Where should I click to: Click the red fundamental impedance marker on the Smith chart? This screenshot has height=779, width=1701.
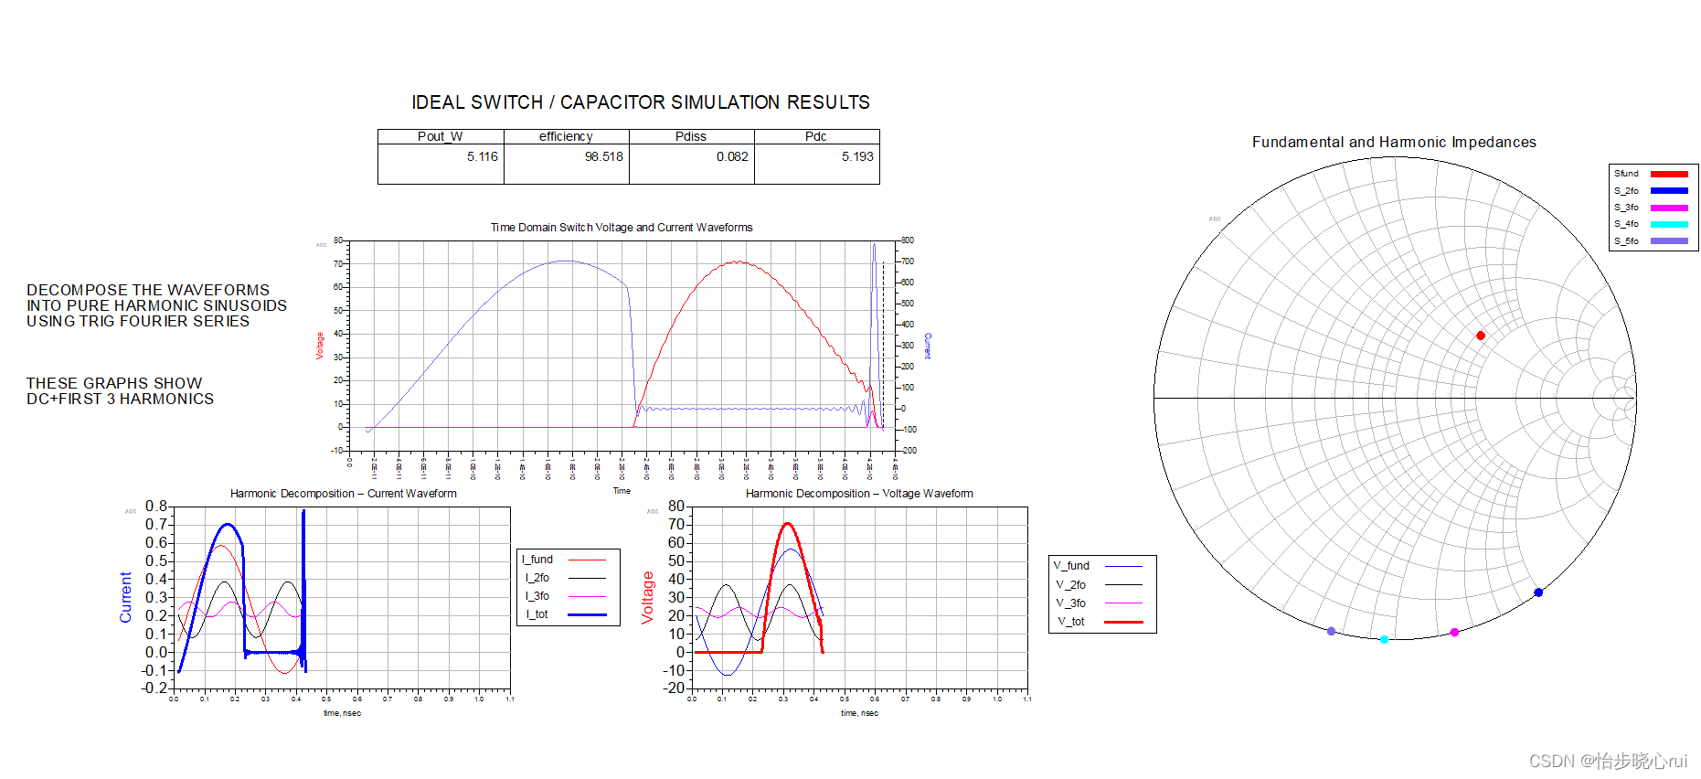click(x=1481, y=336)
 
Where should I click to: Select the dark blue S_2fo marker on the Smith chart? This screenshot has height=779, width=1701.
click(x=1538, y=592)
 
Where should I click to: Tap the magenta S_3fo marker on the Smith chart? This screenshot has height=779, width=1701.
click(x=1454, y=632)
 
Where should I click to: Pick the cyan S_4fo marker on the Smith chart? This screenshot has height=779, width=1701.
click(x=1384, y=639)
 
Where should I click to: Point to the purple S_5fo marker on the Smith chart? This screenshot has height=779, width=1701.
click(x=1331, y=631)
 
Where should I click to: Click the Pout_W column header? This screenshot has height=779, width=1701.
click(x=440, y=136)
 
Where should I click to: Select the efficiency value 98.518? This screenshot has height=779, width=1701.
click(x=603, y=156)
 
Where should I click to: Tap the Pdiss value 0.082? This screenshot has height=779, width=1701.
click(x=732, y=156)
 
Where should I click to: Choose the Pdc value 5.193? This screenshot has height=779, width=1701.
click(x=857, y=156)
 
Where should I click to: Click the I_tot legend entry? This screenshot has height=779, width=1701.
click(x=537, y=614)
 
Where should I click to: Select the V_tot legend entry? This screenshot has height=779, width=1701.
click(x=1071, y=622)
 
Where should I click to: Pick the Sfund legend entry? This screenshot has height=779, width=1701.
click(x=1626, y=174)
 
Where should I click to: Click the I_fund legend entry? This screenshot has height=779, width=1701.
click(x=537, y=560)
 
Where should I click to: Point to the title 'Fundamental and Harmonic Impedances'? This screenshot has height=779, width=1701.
click(x=1394, y=142)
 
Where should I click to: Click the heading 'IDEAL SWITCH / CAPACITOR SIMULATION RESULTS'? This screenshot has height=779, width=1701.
click(x=640, y=102)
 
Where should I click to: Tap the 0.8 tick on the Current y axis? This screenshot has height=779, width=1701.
click(x=156, y=507)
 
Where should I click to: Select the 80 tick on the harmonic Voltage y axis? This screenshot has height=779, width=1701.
click(x=676, y=507)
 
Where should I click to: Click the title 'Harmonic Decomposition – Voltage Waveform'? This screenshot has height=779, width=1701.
click(x=859, y=494)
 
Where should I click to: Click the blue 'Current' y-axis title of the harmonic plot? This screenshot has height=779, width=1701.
click(x=126, y=597)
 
